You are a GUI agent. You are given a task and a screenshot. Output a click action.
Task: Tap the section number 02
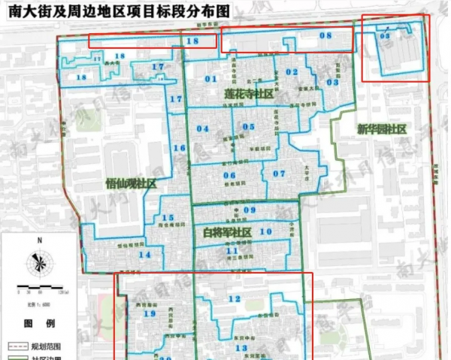pos(292,71)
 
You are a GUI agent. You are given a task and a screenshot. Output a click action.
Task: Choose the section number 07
pos(279,174)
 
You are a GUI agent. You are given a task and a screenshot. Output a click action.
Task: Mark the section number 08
pos(325,35)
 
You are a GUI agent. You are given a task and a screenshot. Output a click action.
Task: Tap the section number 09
pos(250,210)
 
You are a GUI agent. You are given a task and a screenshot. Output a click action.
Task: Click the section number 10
pos(265,232)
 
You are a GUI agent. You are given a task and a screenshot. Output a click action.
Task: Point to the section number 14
pos(144,255)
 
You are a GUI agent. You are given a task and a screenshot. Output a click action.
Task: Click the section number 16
pos(179,148)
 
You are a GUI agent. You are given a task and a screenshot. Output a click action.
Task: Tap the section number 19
pos(150,313)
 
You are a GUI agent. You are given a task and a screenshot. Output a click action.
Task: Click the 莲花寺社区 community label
pos(249,95)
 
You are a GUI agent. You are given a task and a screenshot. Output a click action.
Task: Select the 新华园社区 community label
pos(382,130)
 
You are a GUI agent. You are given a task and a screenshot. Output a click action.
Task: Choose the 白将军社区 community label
pos(226,233)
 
